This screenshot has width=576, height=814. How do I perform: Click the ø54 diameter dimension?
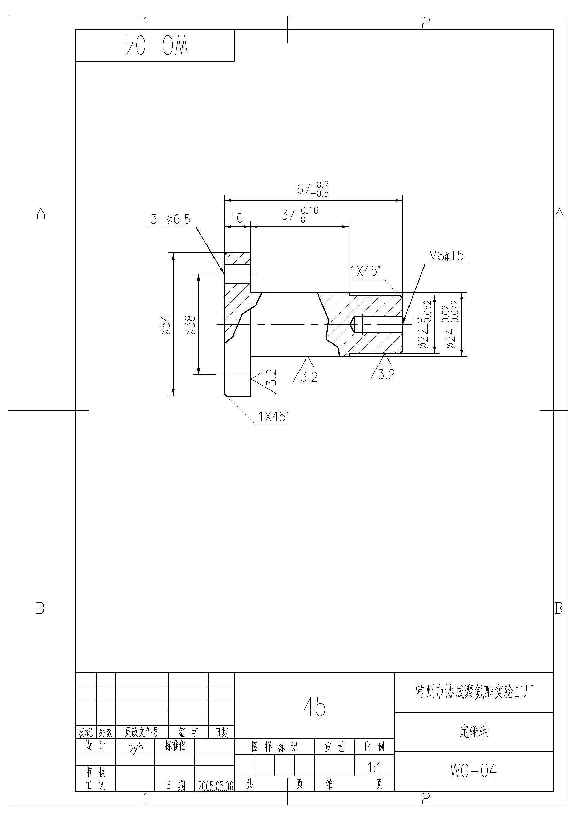coord(166,325)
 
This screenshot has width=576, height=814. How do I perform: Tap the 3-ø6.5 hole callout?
coord(171,220)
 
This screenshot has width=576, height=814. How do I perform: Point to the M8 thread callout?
coord(446,256)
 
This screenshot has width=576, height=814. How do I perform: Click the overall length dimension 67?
coord(313,189)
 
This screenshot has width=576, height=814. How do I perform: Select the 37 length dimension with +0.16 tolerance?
coord(300,214)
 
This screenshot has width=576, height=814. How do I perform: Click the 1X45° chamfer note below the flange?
coord(272,417)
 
